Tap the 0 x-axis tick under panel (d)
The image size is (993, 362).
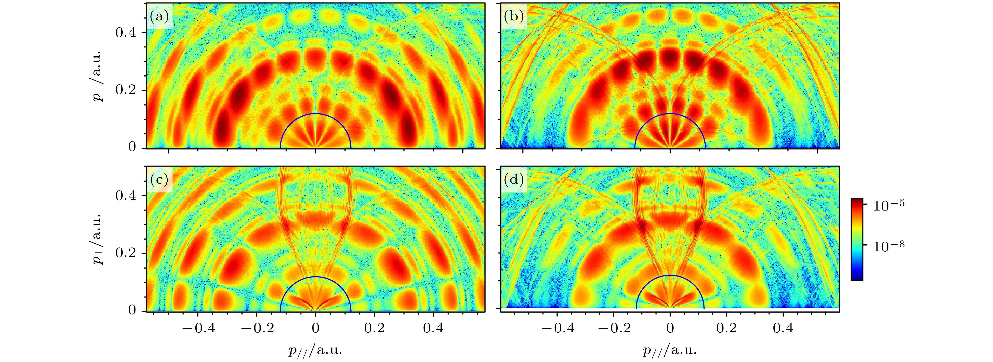[670, 328]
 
